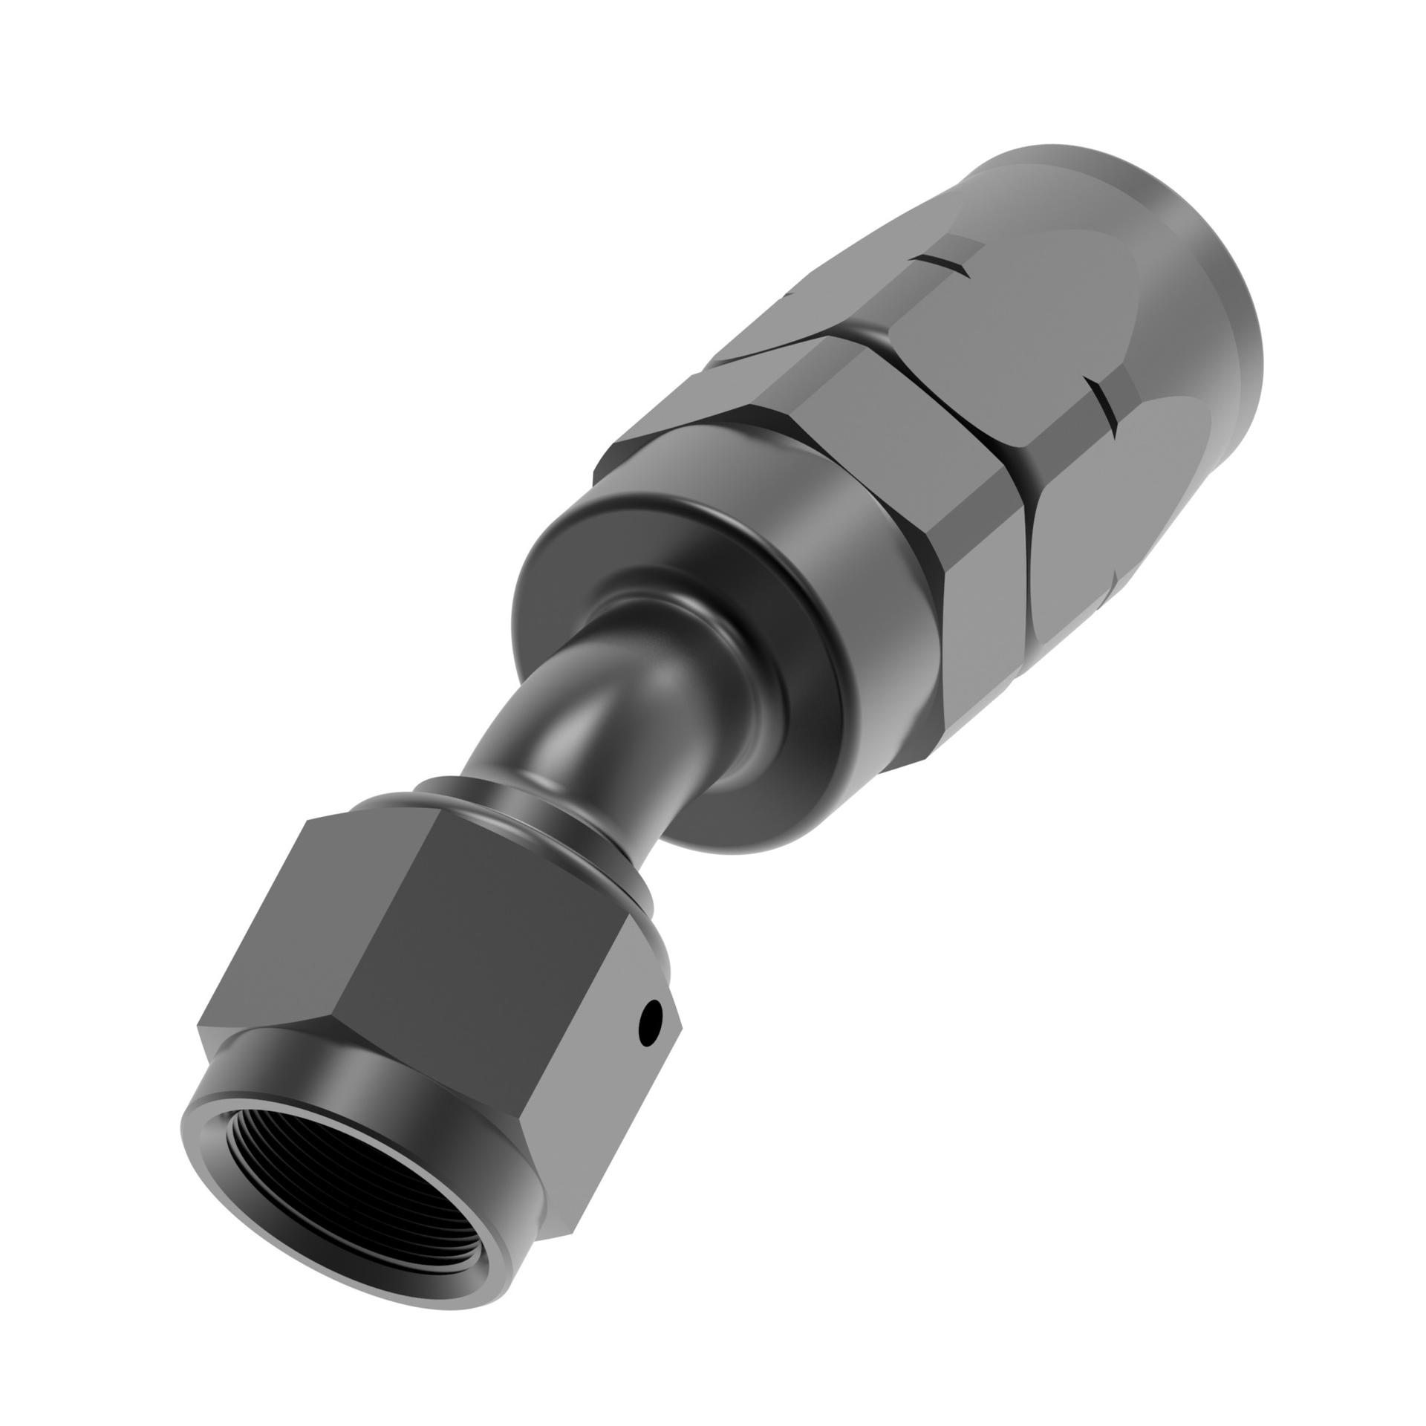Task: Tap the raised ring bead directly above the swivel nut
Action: click(520, 817)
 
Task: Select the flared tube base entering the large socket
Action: click(668, 616)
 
